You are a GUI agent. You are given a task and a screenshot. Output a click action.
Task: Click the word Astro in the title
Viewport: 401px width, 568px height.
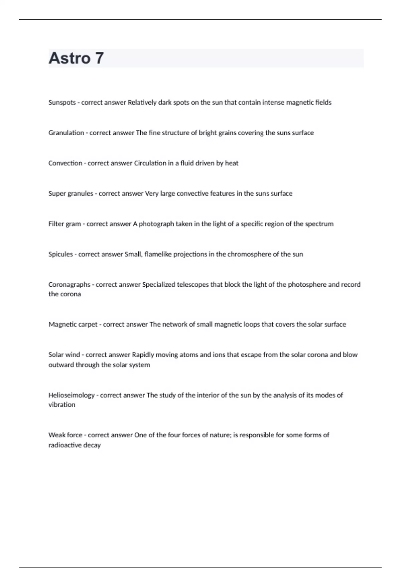coord(70,58)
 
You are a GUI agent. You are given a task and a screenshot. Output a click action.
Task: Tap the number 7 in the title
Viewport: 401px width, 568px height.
coord(99,58)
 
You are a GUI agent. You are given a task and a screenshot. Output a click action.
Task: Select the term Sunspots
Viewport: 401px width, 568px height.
coord(62,103)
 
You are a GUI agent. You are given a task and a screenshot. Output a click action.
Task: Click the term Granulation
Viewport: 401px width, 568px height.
coord(66,133)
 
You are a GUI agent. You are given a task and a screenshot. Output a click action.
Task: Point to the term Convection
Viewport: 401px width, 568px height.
coord(65,163)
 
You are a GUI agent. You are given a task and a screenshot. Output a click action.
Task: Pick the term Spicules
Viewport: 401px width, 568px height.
coord(60,254)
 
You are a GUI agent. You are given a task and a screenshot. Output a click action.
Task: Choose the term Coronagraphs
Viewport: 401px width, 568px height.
coord(69,285)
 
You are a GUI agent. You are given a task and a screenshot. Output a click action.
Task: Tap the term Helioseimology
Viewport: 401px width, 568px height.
coord(72,395)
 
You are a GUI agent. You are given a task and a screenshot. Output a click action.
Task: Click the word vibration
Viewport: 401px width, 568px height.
coord(62,405)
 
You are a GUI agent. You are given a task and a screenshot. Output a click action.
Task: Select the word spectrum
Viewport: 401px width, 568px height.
coord(319,224)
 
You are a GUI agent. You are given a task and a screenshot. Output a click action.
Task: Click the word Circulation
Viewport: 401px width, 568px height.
coord(150,163)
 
